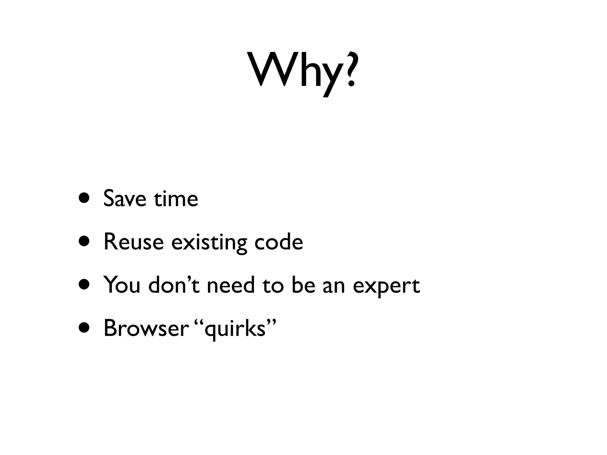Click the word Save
[125, 198]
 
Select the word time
[176, 198]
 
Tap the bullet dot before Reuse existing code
[84, 241]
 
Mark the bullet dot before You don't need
[84, 285]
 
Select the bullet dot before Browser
[84, 328]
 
